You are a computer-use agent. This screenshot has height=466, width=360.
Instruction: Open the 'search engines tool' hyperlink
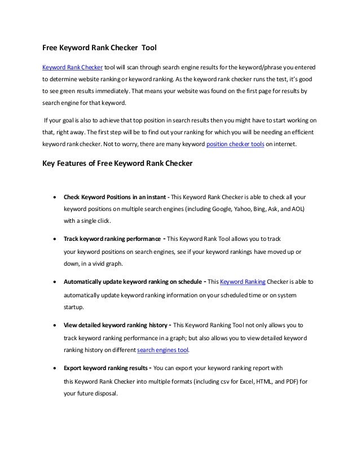pyautogui.click(x=163, y=350)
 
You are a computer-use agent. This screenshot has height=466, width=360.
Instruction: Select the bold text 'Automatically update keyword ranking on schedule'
pyautogui.click(x=133, y=280)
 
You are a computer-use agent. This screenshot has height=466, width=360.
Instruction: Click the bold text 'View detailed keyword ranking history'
pyautogui.click(x=114, y=326)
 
